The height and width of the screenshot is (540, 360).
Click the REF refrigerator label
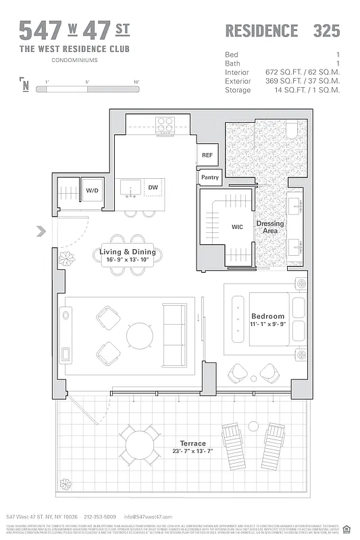pyautogui.click(x=207, y=155)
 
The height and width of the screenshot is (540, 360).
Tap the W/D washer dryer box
pyautogui.click(x=91, y=191)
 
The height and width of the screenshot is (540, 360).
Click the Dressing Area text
pyautogui.click(x=269, y=227)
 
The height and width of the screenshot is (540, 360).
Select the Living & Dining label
pyautogui.click(x=128, y=252)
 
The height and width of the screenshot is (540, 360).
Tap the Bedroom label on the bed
pyautogui.click(x=267, y=316)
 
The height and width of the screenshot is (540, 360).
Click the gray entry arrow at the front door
pyautogui.click(x=41, y=232)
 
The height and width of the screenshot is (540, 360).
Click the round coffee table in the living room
pyautogui.click(x=140, y=335)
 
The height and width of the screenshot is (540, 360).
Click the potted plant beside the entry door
pyautogui.click(x=68, y=259)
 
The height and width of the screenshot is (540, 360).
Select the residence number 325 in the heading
pyautogui.click(x=326, y=31)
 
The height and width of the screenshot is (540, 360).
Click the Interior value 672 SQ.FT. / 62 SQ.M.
pyautogui.click(x=301, y=72)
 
